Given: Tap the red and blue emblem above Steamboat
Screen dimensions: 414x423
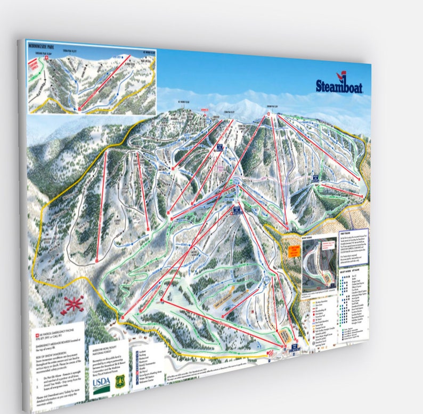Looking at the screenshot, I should point(339,76).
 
